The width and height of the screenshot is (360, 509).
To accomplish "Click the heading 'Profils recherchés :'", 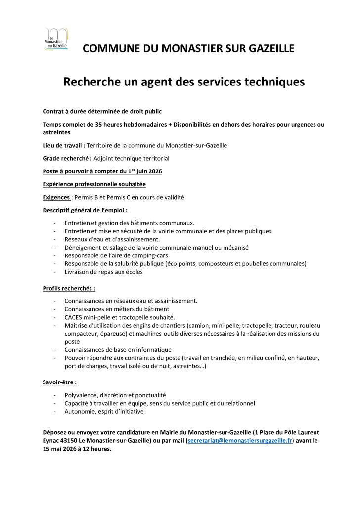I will (x=69, y=288).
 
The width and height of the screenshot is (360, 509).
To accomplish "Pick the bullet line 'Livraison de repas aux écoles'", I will (x=103, y=272).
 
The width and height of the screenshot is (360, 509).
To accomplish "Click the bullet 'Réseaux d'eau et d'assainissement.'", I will (x=112, y=239).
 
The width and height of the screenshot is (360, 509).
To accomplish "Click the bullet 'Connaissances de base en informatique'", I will (x=118, y=350).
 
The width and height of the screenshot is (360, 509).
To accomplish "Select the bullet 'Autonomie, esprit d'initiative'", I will (x=104, y=411).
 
